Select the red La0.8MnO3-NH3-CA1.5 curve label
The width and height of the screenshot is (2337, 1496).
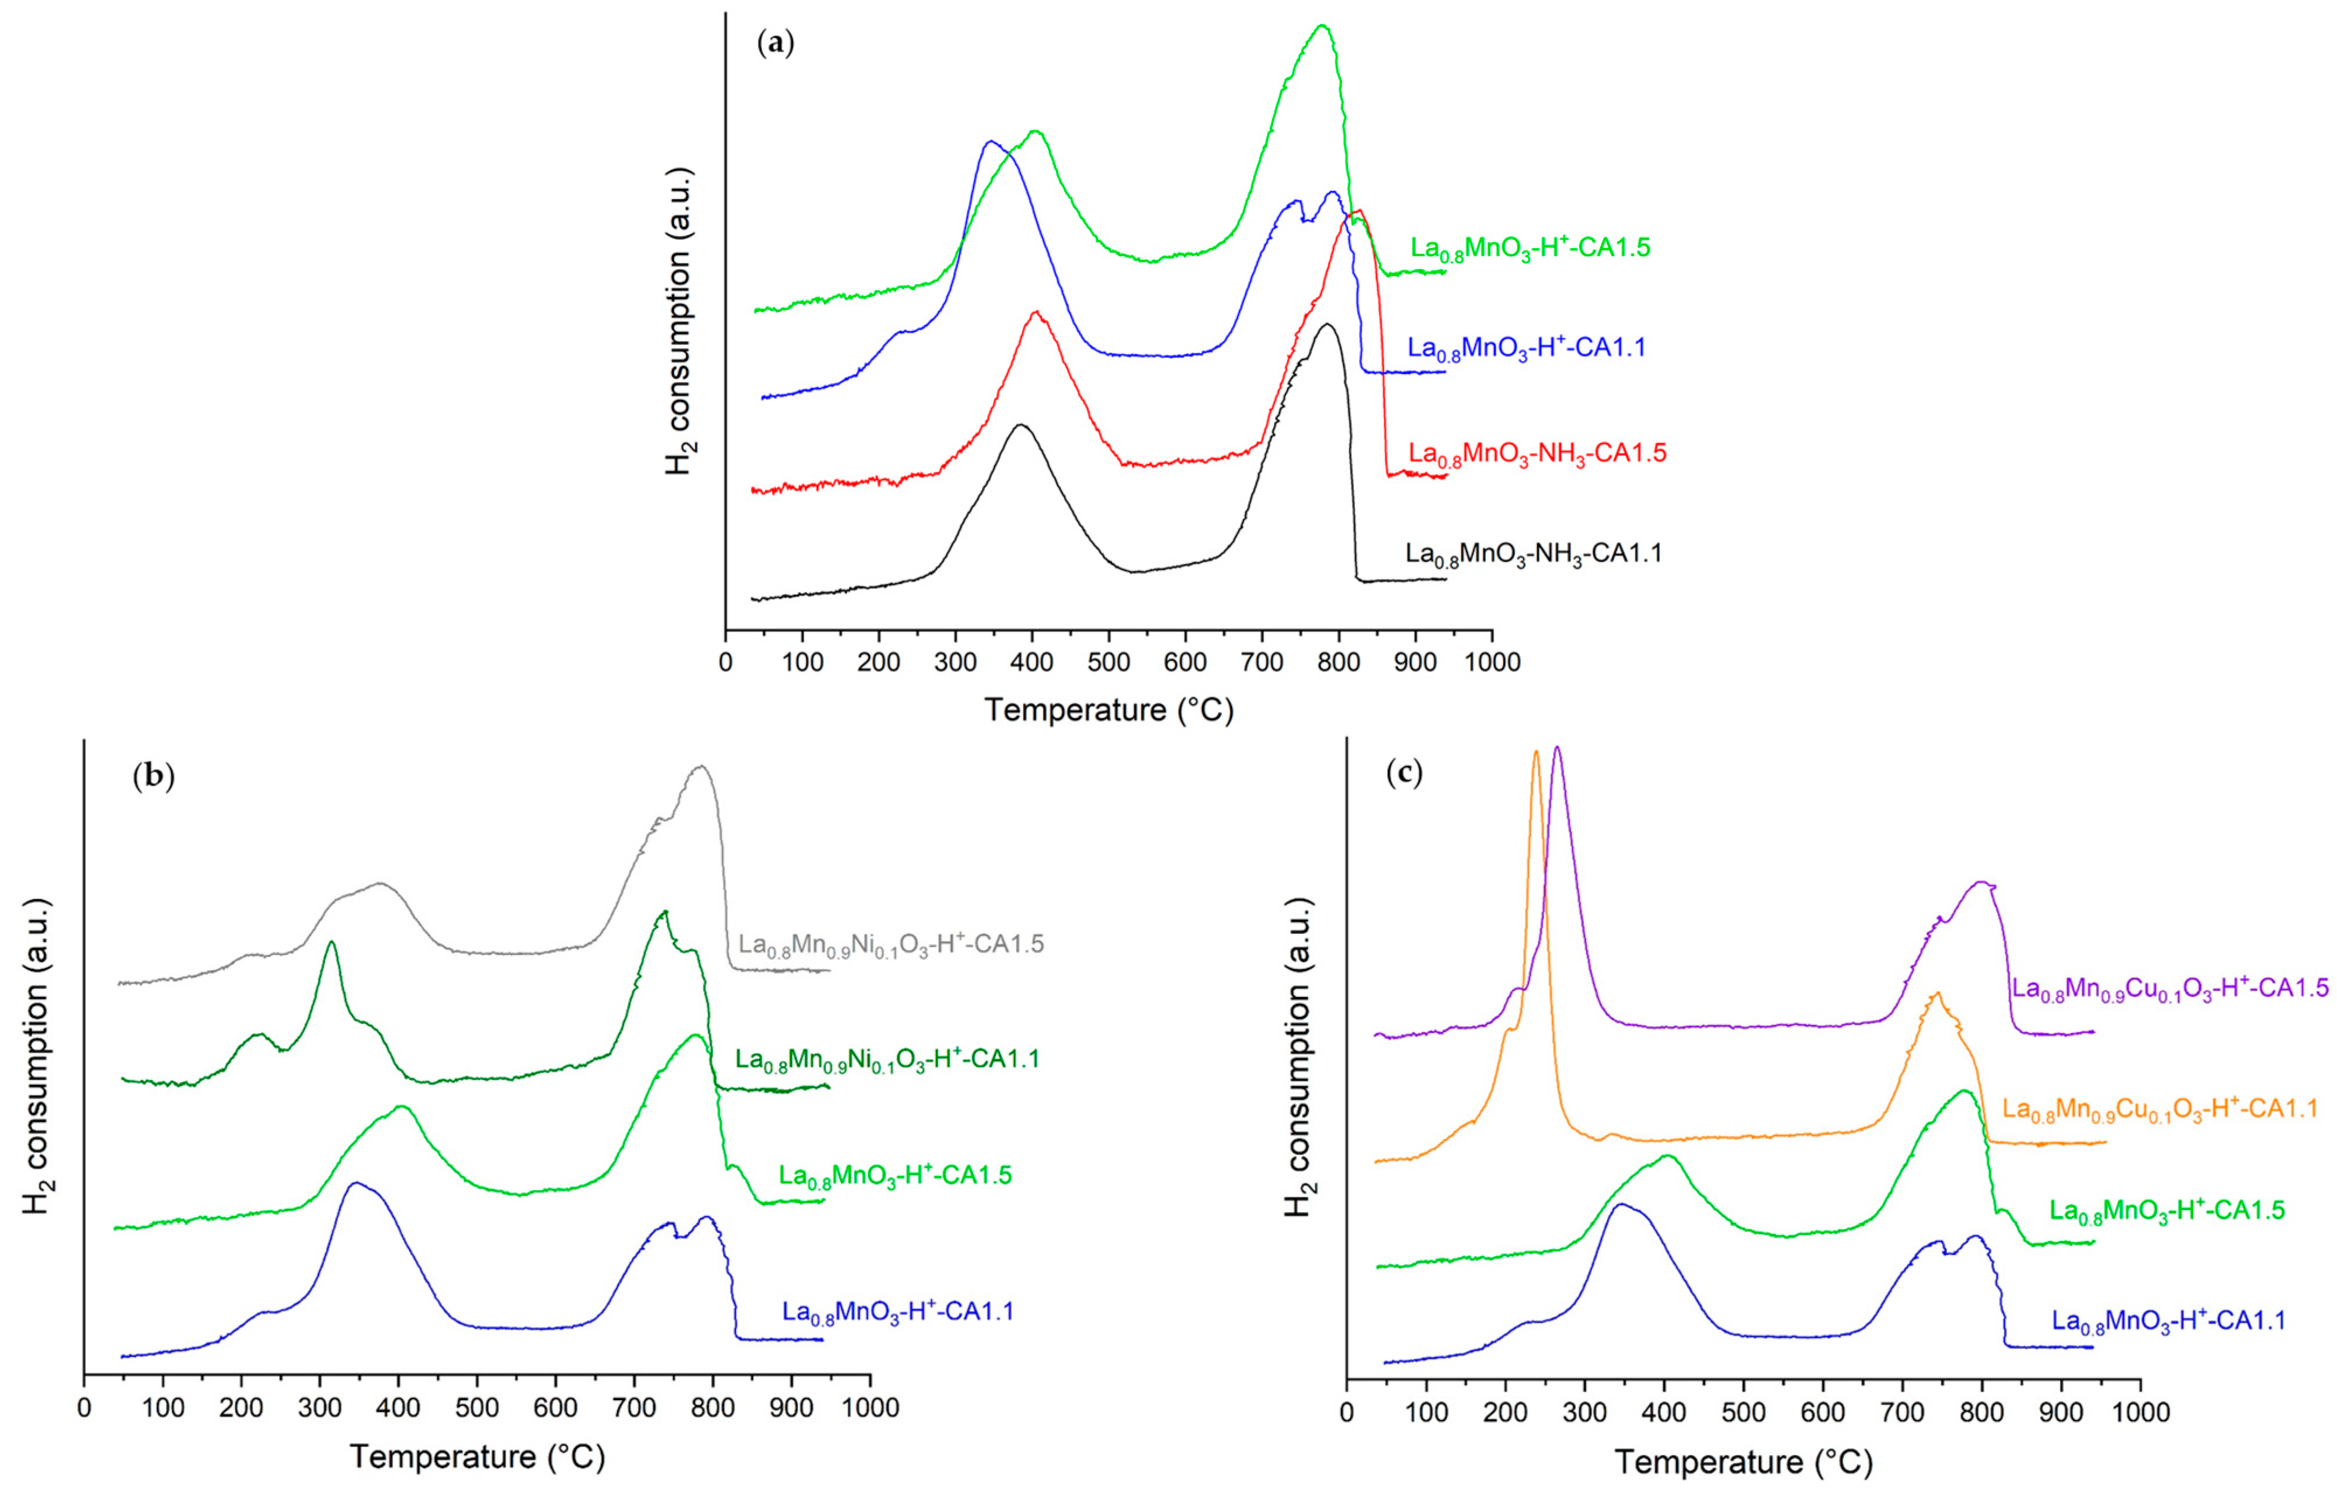(1537, 453)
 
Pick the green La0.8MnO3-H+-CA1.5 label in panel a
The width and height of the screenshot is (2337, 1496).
(1530, 249)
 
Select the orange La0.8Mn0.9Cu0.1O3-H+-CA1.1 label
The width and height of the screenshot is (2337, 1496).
(2160, 1108)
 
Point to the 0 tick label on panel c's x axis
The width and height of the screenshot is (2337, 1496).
(1347, 1410)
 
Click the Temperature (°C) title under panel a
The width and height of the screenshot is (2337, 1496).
(1108, 710)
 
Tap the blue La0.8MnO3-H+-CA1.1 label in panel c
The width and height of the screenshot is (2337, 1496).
(2168, 1320)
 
